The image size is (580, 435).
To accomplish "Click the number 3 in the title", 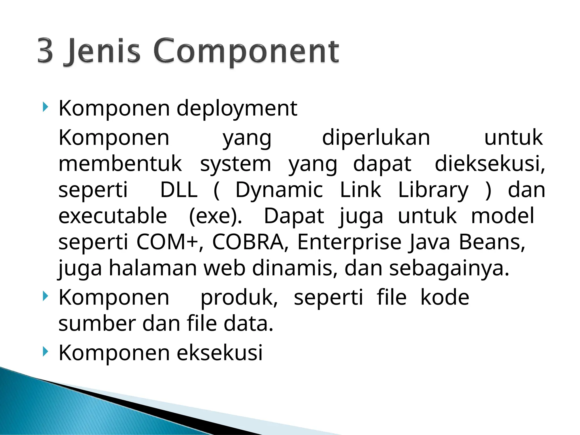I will (x=46, y=51).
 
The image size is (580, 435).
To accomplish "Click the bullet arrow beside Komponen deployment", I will (x=45, y=107).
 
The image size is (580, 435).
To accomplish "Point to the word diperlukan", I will (x=376, y=138).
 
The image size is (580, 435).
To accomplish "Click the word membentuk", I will (x=120, y=164).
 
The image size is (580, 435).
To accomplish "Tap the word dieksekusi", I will (x=489, y=164).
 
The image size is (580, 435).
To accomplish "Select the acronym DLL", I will (x=179, y=190).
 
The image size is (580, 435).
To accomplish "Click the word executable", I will (x=113, y=216).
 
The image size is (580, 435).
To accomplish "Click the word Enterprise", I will (x=349, y=242).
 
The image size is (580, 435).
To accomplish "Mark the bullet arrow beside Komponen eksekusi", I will (x=45, y=352).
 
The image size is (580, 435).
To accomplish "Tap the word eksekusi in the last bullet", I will (x=220, y=353).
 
